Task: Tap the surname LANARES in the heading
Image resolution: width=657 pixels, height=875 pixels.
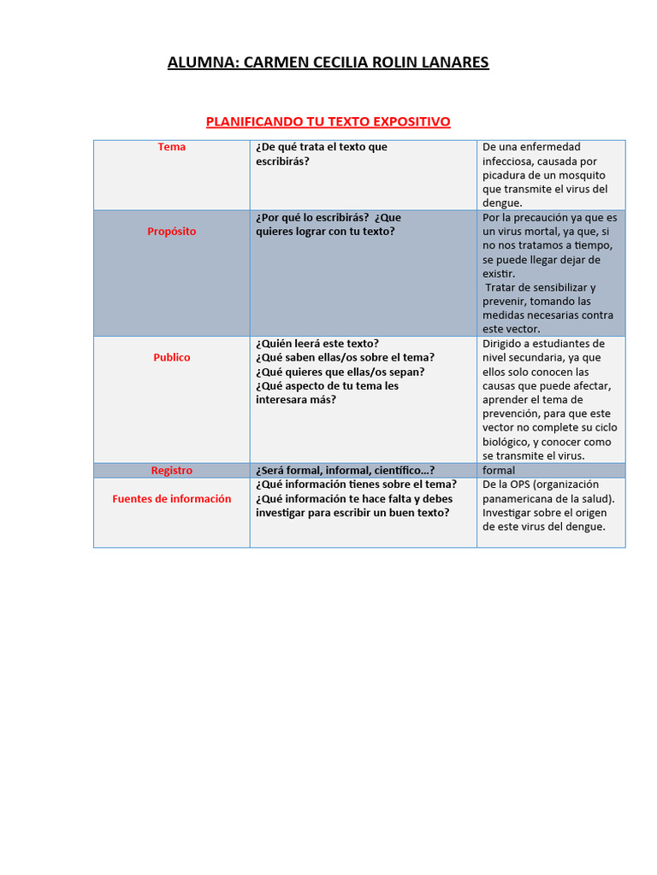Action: (x=453, y=62)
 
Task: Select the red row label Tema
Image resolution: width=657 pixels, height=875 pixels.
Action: (x=172, y=147)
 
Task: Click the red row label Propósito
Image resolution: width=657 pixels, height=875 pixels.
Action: (x=172, y=232)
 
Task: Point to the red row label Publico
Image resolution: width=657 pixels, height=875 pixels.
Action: (x=172, y=357)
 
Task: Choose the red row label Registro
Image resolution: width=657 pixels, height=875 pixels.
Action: (x=172, y=471)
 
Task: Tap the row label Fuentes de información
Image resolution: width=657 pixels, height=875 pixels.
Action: (x=172, y=499)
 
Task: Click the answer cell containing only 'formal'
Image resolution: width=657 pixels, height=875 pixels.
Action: (x=499, y=471)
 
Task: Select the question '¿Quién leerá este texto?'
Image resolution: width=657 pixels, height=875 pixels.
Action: (x=317, y=344)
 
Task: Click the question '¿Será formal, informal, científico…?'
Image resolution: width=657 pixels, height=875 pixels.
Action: (x=345, y=471)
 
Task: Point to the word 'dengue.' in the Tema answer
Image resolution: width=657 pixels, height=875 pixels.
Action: (x=502, y=203)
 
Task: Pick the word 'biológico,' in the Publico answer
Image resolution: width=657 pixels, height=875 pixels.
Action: (x=506, y=442)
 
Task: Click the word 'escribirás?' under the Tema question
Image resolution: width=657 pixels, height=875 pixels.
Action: (x=282, y=161)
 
